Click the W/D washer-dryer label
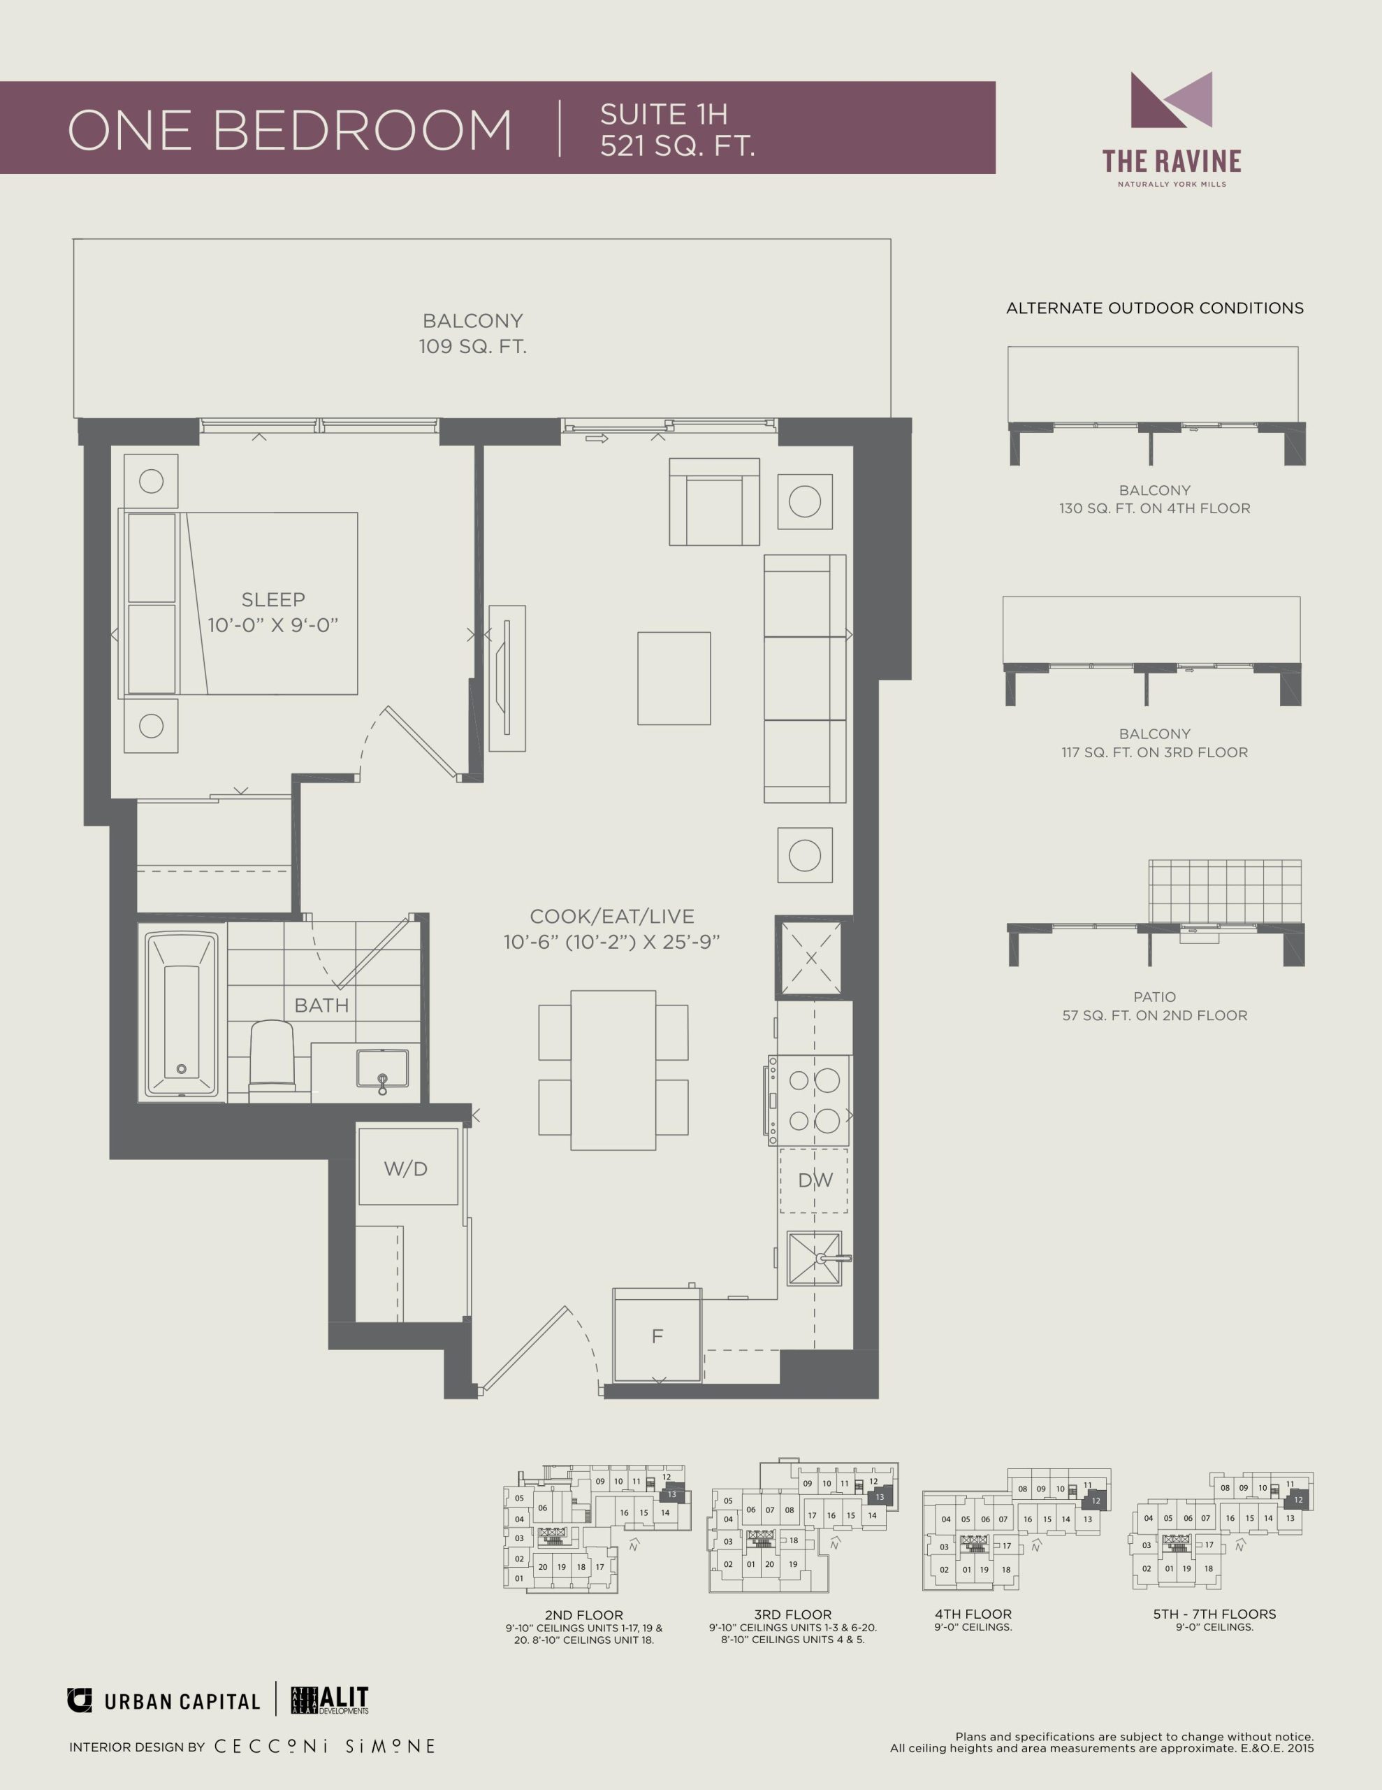pyautogui.click(x=405, y=1169)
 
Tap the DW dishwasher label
pyautogui.click(x=815, y=1180)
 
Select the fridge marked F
pyautogui.click(x=657, y=1336)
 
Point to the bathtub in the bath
pyautogui.click(x=182, y=1015)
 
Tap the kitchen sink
pyautogui.click(x=815, y=1258)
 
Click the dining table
pyautogui.click(x=613, y=1071)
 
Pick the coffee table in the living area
pyautogui.click(x=674, y=679)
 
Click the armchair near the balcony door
pyautogui.click(x=714, y=501)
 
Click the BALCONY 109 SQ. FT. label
pyautogui.click(x=473, y=334)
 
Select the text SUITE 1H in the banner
pyautogui.click(x=664, y=114)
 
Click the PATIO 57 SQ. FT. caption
pyautogui.click(x=1154, y=1005)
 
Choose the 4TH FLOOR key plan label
pyautogui.click(x=973, y=1614)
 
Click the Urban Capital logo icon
pyautogui.click(x=80, y=1700)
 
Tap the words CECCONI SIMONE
pyautogui.click(x=324, y=1747)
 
